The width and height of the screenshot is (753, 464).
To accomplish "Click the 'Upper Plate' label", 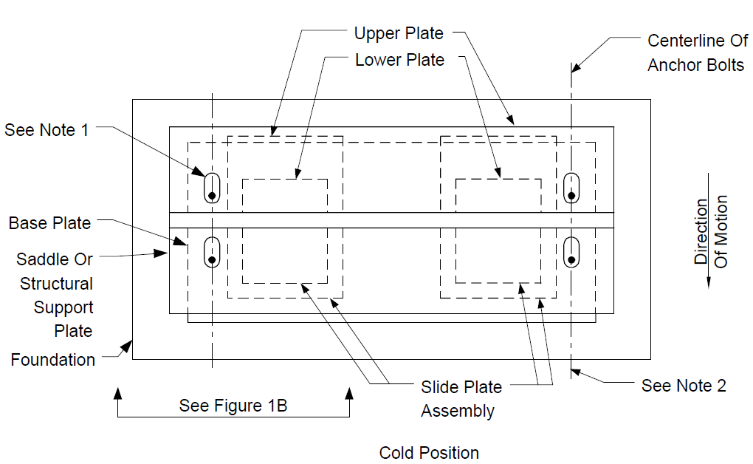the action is (399, 33).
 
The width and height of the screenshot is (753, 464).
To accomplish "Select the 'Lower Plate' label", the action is (399, 60).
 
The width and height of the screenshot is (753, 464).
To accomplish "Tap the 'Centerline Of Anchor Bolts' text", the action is (698, 52).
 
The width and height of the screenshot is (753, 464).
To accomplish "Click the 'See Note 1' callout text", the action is (47, 130).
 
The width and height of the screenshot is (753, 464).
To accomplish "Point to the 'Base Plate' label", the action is (49, 223).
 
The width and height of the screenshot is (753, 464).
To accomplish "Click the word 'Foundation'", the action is (53, 360).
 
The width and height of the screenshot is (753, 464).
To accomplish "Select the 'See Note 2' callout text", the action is (684, 386).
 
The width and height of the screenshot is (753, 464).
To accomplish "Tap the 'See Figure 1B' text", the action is (233, 406).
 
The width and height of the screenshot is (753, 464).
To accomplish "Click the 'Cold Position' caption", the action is (429, 452).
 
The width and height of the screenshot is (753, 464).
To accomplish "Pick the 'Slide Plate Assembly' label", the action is (461, 398).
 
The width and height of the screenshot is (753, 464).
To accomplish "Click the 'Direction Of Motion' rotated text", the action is (711, 231).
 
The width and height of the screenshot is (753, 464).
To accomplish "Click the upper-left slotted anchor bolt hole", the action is (212, 188).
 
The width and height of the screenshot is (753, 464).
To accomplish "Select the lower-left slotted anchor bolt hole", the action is (212, 252).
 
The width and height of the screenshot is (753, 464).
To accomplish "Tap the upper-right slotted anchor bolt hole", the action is (571, 188).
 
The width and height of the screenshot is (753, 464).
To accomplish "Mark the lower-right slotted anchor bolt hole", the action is (571, 252).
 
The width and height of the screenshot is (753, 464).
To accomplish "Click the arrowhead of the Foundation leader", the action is (128, 346).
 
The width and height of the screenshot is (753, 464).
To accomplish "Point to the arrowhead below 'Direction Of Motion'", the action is (709, 283).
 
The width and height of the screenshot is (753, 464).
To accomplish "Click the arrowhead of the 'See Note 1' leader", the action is (199, 171).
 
